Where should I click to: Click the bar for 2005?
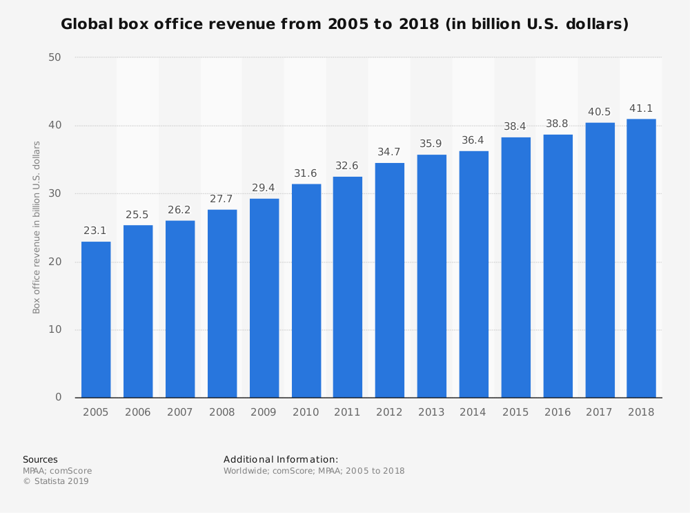click(x=96, y=319)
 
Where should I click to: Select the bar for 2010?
click(x=306, y=290)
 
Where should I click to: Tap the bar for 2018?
click(x=641, y=258)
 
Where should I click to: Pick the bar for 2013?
click(x=432, y=275)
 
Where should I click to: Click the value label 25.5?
click(x=138, y=215)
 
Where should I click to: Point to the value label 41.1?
click(x=641, y=108)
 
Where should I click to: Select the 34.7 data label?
click(x=390, y=152)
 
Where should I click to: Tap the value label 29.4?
click(x=264, y=188)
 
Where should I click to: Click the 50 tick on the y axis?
click(x=55, y=57)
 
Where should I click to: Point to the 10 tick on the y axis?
click(x=55, y=329)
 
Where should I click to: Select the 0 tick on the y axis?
click(x=59, y=397)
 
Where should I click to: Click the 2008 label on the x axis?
click(x=221, y=412)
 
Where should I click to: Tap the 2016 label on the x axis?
click(x=558, y=412)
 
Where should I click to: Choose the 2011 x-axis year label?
click(x=348, y=412)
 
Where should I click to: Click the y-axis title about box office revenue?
click(x=37, y=227)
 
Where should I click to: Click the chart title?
click(x=345, y=24)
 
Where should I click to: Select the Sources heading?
click(x=40, y=459)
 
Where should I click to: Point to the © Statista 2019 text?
click(x=56, y=481)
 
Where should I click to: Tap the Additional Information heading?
click(x=281, y=459)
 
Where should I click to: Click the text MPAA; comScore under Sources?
click(x=57, y=471)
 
